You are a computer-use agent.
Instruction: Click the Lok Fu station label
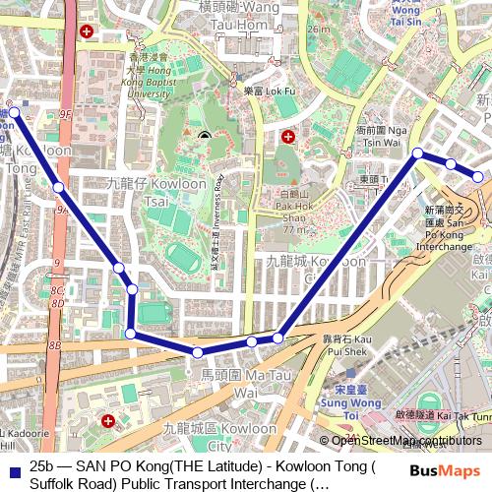(x=265, y=91)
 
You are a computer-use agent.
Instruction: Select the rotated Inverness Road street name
(x=219, y=222)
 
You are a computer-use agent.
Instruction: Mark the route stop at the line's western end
(x=14, y=113)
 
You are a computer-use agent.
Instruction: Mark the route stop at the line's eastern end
(x=478, y=177)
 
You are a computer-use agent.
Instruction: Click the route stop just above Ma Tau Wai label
(x=198, y=352)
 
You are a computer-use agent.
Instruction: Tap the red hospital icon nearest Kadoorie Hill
(x=107, y=421)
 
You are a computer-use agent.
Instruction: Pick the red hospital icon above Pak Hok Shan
(x=287, y=137)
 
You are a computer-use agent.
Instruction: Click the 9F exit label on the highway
(x=66, y=115)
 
